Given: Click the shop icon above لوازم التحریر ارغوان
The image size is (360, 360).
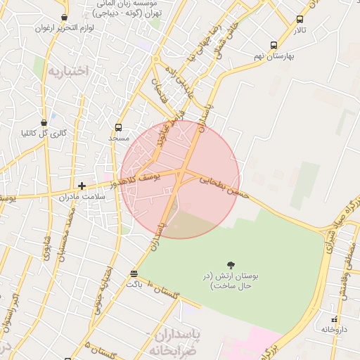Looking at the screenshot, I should [65, 17].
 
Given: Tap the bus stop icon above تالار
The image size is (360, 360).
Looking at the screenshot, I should [300, 20].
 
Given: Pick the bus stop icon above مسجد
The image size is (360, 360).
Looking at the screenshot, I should [118, 128].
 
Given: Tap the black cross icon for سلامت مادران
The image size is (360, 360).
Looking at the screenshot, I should [82, 186].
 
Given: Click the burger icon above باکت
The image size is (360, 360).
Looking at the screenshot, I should [134, 274].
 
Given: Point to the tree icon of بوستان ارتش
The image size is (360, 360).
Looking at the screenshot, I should [231, 265].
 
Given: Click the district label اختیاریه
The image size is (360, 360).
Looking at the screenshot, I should [70, 71].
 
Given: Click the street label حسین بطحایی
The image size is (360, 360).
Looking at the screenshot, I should [224, 188].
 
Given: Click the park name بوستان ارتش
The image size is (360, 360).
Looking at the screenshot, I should [231, 281].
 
